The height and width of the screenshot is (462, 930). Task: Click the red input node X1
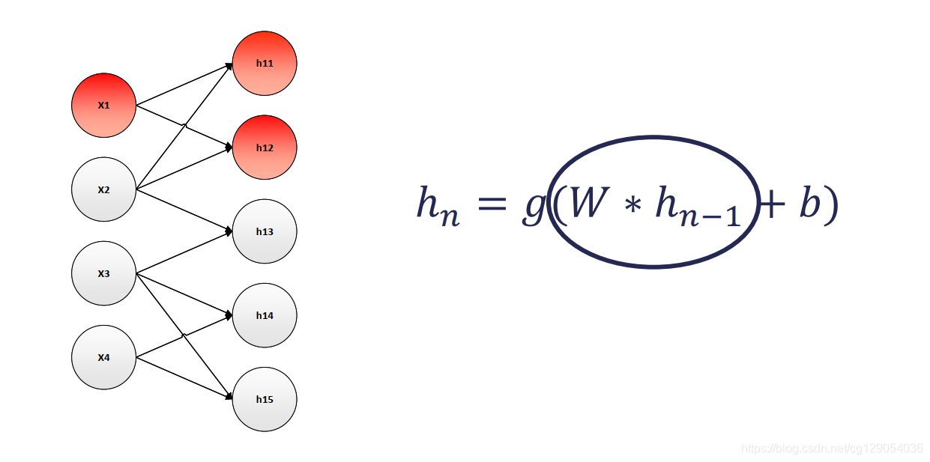click(x=103, y=106)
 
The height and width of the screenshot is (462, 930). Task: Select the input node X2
click(x=103, y=189)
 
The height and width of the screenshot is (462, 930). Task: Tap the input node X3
click(x=103, y=273)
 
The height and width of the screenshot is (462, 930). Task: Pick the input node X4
click(x=103, y=357)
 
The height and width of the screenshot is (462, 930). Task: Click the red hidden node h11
click(x=265, y=64)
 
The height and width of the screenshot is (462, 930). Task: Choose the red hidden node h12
click(x=265, y=148)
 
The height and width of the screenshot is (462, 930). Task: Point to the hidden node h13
click(x=265, y=231)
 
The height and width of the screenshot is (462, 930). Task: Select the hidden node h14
click(x=265, y=315)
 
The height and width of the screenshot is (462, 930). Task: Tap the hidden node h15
click(x=265, y=399)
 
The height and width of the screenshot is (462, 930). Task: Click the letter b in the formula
click(x=809, y=203)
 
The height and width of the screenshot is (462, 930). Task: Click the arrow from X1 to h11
click(x=184, y=85)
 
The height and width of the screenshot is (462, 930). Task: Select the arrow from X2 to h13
click(x=184, y=210)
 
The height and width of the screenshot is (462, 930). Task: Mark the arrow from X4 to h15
click(x=184, y=378)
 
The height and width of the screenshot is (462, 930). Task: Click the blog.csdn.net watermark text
click(x=832, y=448)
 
